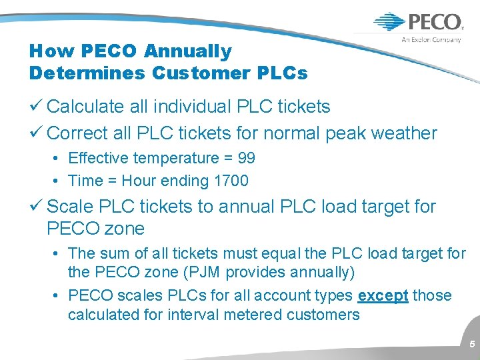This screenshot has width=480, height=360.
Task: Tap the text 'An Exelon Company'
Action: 431,40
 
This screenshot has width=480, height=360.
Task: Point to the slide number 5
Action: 472,345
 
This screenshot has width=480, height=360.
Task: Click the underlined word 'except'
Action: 383,295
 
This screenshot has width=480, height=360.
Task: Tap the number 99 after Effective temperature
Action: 246,158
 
